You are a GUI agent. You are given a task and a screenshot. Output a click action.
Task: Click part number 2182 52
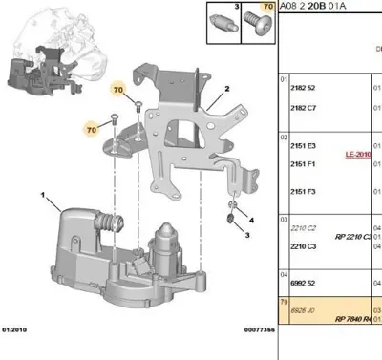tap(303, 87)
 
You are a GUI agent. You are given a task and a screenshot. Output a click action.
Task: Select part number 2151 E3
tap(303, 144)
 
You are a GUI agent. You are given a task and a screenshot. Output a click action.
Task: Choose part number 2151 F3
tap(303, 191)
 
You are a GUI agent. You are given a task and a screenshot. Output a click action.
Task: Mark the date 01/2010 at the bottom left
tap(16, 330)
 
